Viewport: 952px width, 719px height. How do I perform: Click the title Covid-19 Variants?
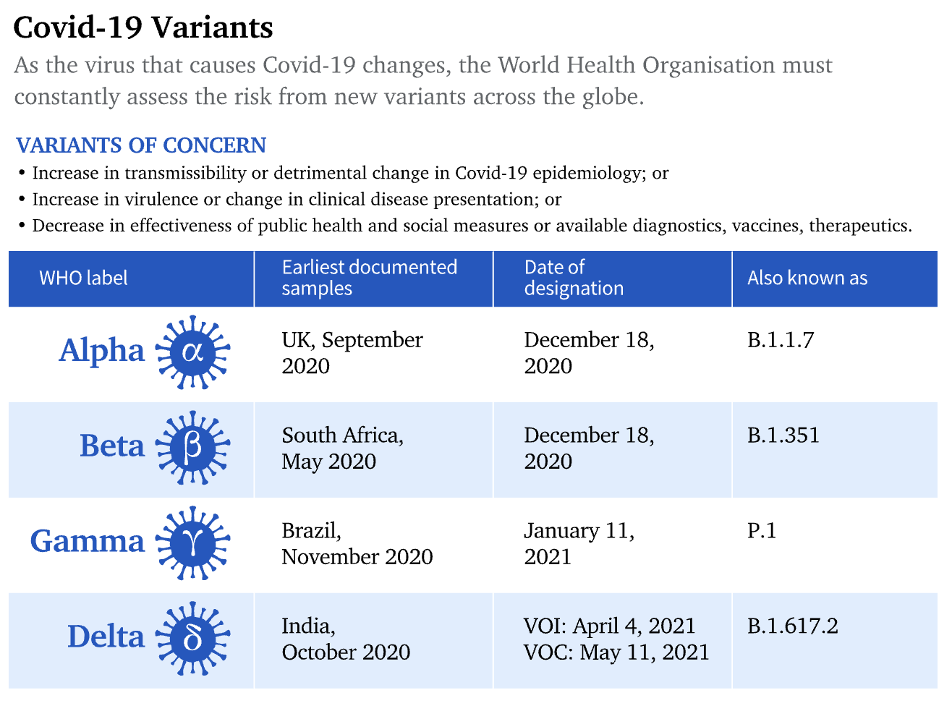click(x=143, y=27)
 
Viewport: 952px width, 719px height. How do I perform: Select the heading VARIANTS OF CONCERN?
click(x=141, y=145)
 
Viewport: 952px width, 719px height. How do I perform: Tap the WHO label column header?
click(x=83, y=278)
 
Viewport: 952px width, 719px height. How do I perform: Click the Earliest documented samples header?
click(x=369, y=278)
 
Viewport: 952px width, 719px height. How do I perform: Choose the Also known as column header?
click(x=807, y=278)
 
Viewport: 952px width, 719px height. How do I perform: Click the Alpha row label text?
click(x=102, y=351)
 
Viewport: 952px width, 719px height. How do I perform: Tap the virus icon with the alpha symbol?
click(x=192, y=352)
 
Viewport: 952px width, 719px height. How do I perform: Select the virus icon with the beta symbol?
click(x=192, y=448)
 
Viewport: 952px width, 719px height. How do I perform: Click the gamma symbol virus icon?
click(x=192, y=543)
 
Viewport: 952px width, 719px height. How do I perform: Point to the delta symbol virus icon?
click(x=192, y=639)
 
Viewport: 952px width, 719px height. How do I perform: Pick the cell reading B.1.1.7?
click(x=781, y=340)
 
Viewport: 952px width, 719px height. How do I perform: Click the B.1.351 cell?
click(x=783, y=435)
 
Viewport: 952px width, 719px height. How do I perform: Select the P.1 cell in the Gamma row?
click(x=762, y=531)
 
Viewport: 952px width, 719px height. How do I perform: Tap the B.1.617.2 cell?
click(x=793, y=626)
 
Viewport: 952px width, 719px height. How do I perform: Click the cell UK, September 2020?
click(x=352, y=352)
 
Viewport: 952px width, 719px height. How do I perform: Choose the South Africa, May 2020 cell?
click(x=342, y=448)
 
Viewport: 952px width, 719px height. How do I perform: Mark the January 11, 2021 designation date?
click(x=579, y=543)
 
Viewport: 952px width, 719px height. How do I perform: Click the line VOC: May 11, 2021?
click(x=616, y=652)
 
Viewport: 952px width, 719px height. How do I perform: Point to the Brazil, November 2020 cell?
click(x=357, y=543)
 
